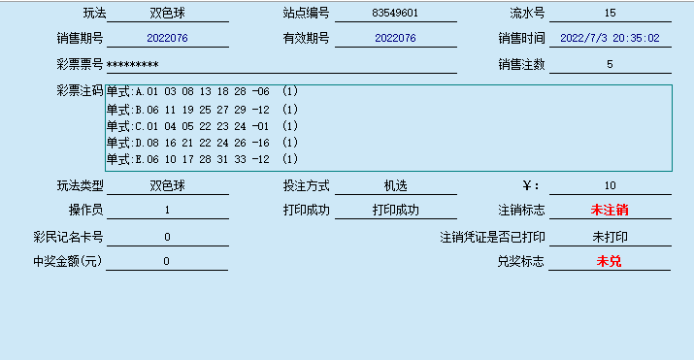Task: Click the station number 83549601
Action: click(x=394, y=14)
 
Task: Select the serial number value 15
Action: click(x=610, y=14)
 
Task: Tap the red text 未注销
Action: click(x=610, y=210)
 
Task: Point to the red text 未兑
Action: click(x=610, y=261)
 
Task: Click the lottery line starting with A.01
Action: click(x=202, y=91)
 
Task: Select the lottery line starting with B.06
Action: click(x=202, y=110)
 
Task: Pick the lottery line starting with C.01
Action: click(x=202, y=126)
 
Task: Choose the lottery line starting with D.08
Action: click(x=202, y=143)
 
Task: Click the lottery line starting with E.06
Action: click(x=202, y=159)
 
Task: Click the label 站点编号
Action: click(x=306, y=14)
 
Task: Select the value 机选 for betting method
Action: click(x=395, y=185)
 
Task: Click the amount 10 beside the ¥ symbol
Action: click(x=610, y=185)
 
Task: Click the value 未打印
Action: click(x=610, y=236)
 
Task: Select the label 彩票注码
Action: click(x=80, y=90)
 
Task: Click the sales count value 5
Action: click(x=610, y=64)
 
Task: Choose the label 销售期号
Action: click(x=80, y=39)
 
